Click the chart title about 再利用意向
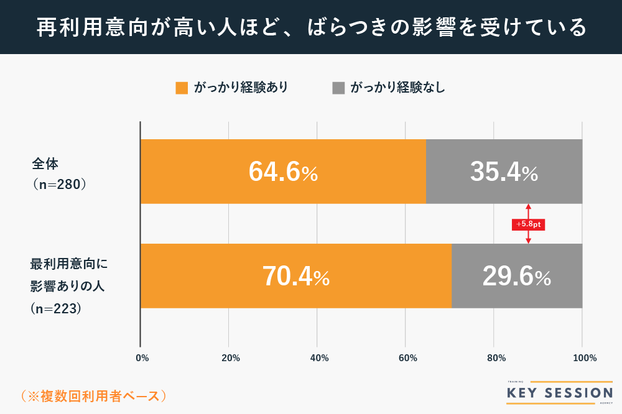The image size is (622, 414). click(x=311, y=27)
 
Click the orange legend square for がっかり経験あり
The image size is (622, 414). click(x=182, y=88)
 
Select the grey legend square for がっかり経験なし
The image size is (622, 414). click(x=338, y=88)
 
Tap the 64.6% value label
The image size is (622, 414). click(x=283, y=172)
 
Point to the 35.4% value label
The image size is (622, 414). click(x=504, y=172)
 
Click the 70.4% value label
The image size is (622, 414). click(x=295, y=277)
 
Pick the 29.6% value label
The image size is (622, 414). click(x=516, y=277)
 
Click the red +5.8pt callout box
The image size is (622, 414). click(x=528, y=224)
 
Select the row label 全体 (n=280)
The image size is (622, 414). click(x=58, y=175)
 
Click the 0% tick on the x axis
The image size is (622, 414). click(x=142, y=358)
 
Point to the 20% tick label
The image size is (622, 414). click(x=231, y=358)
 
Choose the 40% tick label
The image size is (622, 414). click(x=319, y=358)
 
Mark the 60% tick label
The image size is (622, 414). click(x=407, y=358)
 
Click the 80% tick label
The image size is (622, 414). click(x=496, y=358)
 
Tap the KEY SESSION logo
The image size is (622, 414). click(x=559, y=393)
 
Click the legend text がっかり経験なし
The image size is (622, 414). click(x=397, y=88)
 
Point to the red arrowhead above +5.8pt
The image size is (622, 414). click(x=528, y=207)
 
